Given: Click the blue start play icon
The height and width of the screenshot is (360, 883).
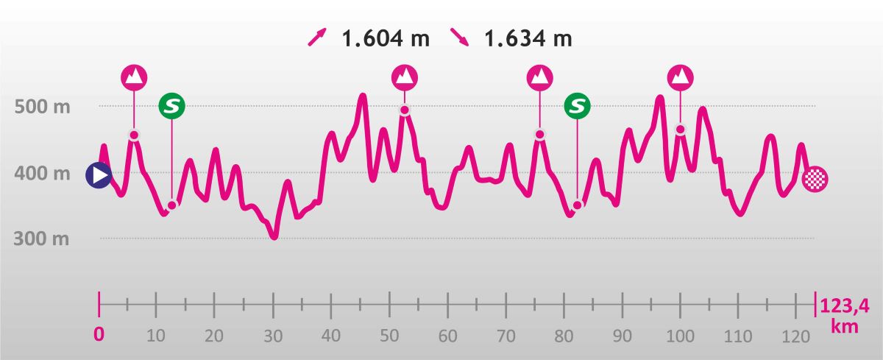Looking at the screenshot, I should click(99, 175).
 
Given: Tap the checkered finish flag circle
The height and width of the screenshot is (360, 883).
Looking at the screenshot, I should click(816, 179).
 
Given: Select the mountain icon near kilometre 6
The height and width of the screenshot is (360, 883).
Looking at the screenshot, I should click(135, 77).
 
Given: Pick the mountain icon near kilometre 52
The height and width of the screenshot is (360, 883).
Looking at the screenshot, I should click(404, 77).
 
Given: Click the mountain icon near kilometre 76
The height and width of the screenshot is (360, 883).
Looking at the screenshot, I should click(540, 77).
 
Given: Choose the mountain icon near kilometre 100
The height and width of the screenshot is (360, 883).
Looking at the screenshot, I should click(680, 77).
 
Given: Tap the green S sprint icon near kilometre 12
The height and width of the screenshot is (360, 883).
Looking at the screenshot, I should click(172, 106).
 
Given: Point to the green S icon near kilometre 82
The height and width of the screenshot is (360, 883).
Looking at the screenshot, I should click(578, 106).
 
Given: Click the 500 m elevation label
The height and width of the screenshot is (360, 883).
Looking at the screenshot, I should click(43, 107).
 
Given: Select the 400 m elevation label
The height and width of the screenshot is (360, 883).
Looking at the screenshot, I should click(43, 174).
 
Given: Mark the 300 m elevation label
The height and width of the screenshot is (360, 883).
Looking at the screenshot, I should click(43, 239).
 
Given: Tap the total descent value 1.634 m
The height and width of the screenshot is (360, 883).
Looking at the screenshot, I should click(528, 38).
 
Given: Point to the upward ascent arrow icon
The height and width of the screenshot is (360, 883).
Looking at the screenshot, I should click(318, 38).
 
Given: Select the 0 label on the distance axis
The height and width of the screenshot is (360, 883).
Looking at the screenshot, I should click(99, 334).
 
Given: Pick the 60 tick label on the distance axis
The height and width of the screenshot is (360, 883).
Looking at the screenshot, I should click(447, 336).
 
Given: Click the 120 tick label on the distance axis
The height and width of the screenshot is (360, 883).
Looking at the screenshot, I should click(796, 336).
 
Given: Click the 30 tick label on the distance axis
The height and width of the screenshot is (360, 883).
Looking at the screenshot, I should click(273, 336).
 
